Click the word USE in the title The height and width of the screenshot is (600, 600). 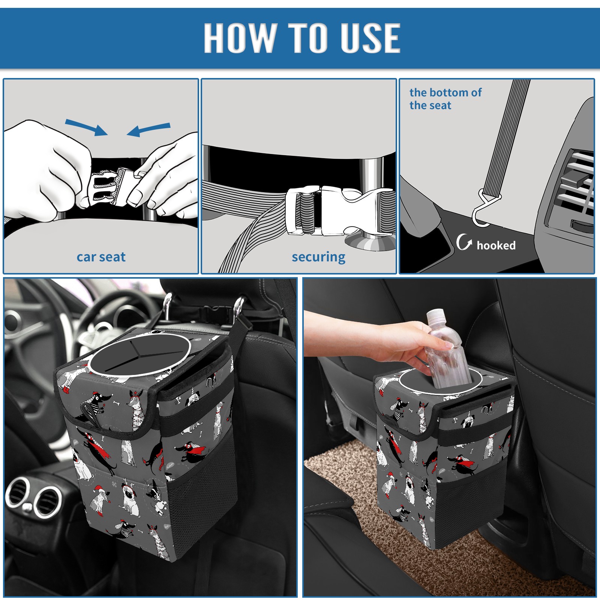click(x=370, y=37)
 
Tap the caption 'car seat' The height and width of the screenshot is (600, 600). click(x=101, y=257)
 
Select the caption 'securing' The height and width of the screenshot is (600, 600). click(x=318, y=257)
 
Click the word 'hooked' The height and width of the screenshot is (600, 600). click(x=496, y=245)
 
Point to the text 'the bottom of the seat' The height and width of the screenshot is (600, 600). click(x=445, y=99)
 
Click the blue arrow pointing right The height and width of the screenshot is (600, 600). click(x=86, y=127)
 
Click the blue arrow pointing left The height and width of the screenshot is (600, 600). click(x=148, y=129)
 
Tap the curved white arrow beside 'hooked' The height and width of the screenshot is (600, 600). click(x=464, y=242)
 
